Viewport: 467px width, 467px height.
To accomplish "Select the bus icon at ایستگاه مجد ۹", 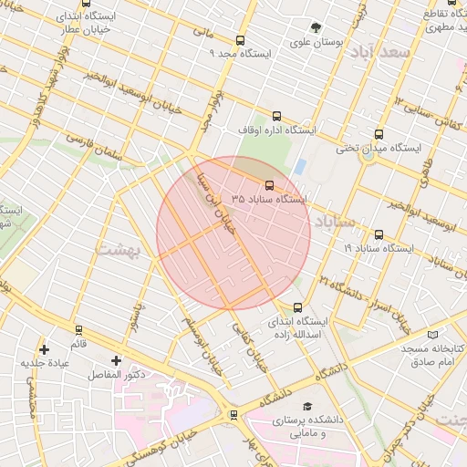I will point(240,40).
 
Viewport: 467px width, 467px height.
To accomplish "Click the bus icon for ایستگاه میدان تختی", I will point(379,134).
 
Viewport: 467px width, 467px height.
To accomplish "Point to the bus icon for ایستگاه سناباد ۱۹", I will point(379,234).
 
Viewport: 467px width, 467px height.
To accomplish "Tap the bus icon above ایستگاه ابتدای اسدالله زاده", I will point(296,307).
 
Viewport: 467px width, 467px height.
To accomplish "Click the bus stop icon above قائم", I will point(78,330).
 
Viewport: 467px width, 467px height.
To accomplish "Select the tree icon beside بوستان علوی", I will point(316,27).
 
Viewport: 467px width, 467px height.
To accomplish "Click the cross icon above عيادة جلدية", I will point(44,348).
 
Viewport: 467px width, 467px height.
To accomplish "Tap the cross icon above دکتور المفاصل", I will point(115,360).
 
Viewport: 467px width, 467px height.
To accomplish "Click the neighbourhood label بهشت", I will point(116,248).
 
